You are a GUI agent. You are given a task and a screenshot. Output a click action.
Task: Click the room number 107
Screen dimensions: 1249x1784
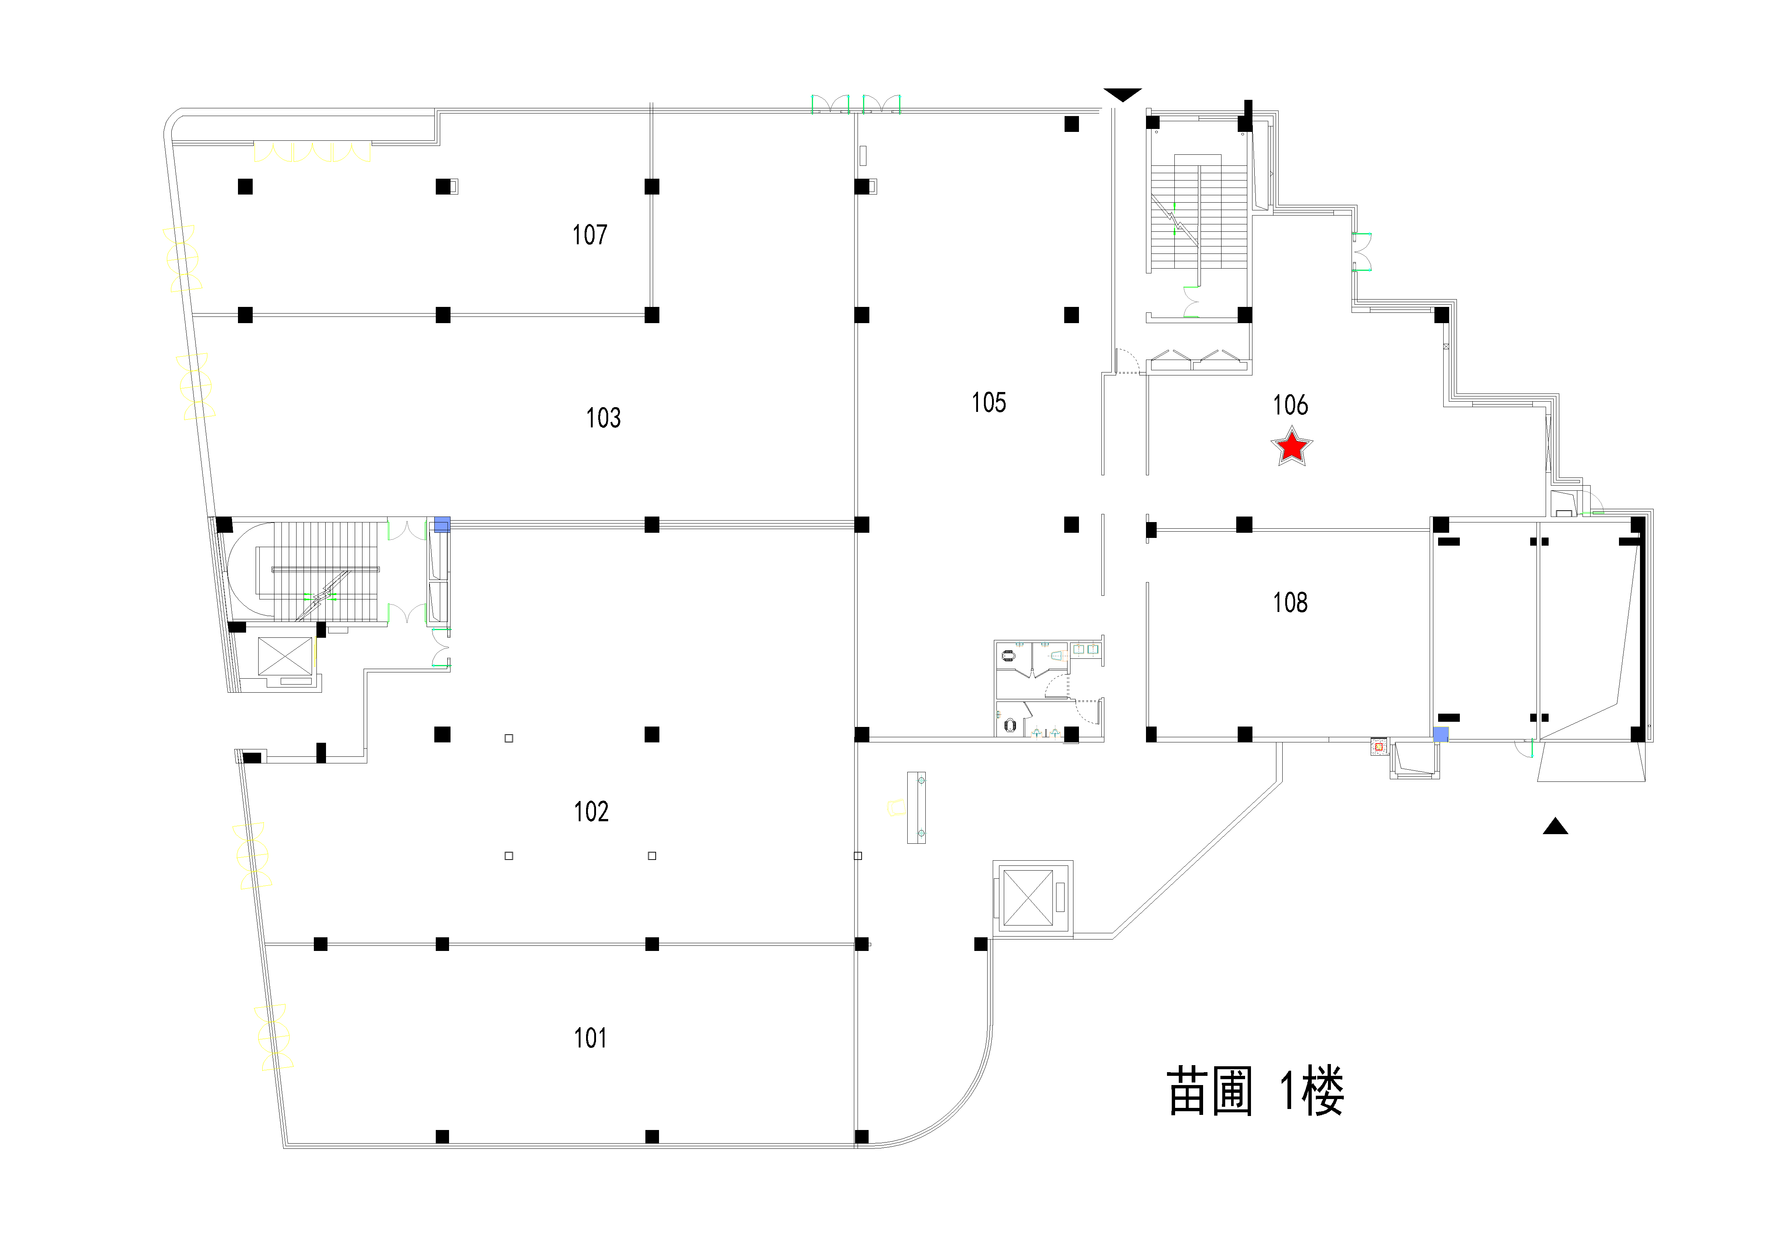pyautogui.click(x=590, y=235)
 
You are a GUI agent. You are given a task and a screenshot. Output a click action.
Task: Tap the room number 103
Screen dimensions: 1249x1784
pyautogui.click(x=603, y=418)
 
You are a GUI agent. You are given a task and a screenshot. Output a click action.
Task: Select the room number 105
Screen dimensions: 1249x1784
pyautogui.click(x=988, y=403)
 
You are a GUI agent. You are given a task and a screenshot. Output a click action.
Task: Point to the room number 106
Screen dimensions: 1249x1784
pyautogui.click(x=1290, y=405)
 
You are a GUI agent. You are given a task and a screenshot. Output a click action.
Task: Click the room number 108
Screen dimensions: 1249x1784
pyautogui.click(x=1290, y=602)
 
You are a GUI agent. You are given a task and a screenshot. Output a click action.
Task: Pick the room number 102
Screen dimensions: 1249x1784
pyautogui.click(x=590, y=811)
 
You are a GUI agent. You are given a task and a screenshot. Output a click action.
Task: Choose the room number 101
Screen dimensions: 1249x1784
pyautogui.click(x=590, y=1038)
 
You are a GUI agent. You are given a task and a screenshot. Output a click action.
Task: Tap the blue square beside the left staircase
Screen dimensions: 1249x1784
pyautogui.click(x=441, y=525)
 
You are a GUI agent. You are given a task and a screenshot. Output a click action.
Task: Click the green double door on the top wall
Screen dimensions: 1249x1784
pyautogui.click(x=855, y=104)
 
